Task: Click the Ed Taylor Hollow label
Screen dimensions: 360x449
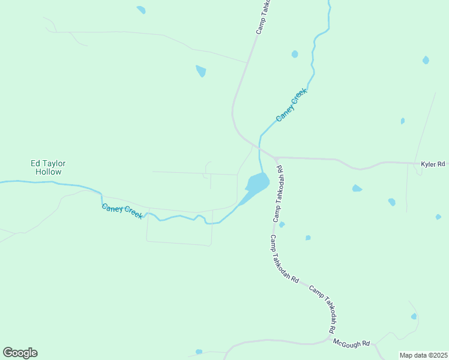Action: [49, 167]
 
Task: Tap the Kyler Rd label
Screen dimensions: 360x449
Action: [432, 164]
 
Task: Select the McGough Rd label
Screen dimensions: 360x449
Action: [352, 343]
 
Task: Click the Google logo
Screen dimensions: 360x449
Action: [20, 353]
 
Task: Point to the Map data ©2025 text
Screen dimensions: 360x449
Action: [423, 355]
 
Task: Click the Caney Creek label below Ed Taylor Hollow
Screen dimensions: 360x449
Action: [122, 211]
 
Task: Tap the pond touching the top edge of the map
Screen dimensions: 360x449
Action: [141, 10]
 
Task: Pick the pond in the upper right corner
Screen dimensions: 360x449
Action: [426, 60]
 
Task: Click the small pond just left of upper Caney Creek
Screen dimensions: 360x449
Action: [295, 54]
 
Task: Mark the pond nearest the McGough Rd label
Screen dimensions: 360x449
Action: [414, 316]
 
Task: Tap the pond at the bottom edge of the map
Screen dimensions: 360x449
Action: [199, 352]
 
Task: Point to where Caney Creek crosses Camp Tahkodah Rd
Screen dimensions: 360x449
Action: [259, 147]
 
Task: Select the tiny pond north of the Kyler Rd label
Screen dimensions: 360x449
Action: [402, 121]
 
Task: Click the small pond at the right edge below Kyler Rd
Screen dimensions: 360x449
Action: [438, 217]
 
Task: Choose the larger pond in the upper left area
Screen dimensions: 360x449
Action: [201, 71]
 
